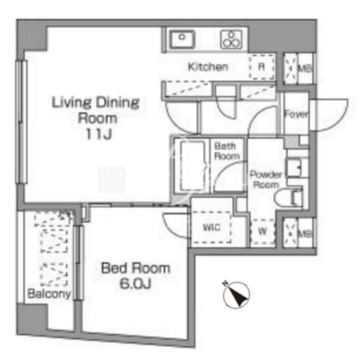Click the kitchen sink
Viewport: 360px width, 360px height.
(182, 40)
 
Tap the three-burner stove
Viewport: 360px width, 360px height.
(231, 40)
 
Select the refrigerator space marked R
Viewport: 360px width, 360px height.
(262, 67)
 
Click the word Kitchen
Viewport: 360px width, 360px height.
(208, 67)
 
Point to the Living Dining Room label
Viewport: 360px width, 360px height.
(95, 110)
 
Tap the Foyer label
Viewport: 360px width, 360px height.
(296, 114)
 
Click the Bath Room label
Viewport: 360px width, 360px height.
(227, 151)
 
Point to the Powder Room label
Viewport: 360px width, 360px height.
(266, 179)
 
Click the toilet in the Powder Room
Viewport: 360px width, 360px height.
(289, 199)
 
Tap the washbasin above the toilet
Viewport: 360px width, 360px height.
(295, 166)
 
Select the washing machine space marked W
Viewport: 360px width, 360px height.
(263, 232)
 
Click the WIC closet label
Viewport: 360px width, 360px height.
(212, 228)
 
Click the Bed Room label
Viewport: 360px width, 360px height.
(135, 268)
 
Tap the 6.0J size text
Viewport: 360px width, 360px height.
(135, 284)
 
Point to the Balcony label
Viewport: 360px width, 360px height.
(49, 294)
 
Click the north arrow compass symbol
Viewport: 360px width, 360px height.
(237, 295)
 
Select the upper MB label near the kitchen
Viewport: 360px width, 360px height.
(305, 69)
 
